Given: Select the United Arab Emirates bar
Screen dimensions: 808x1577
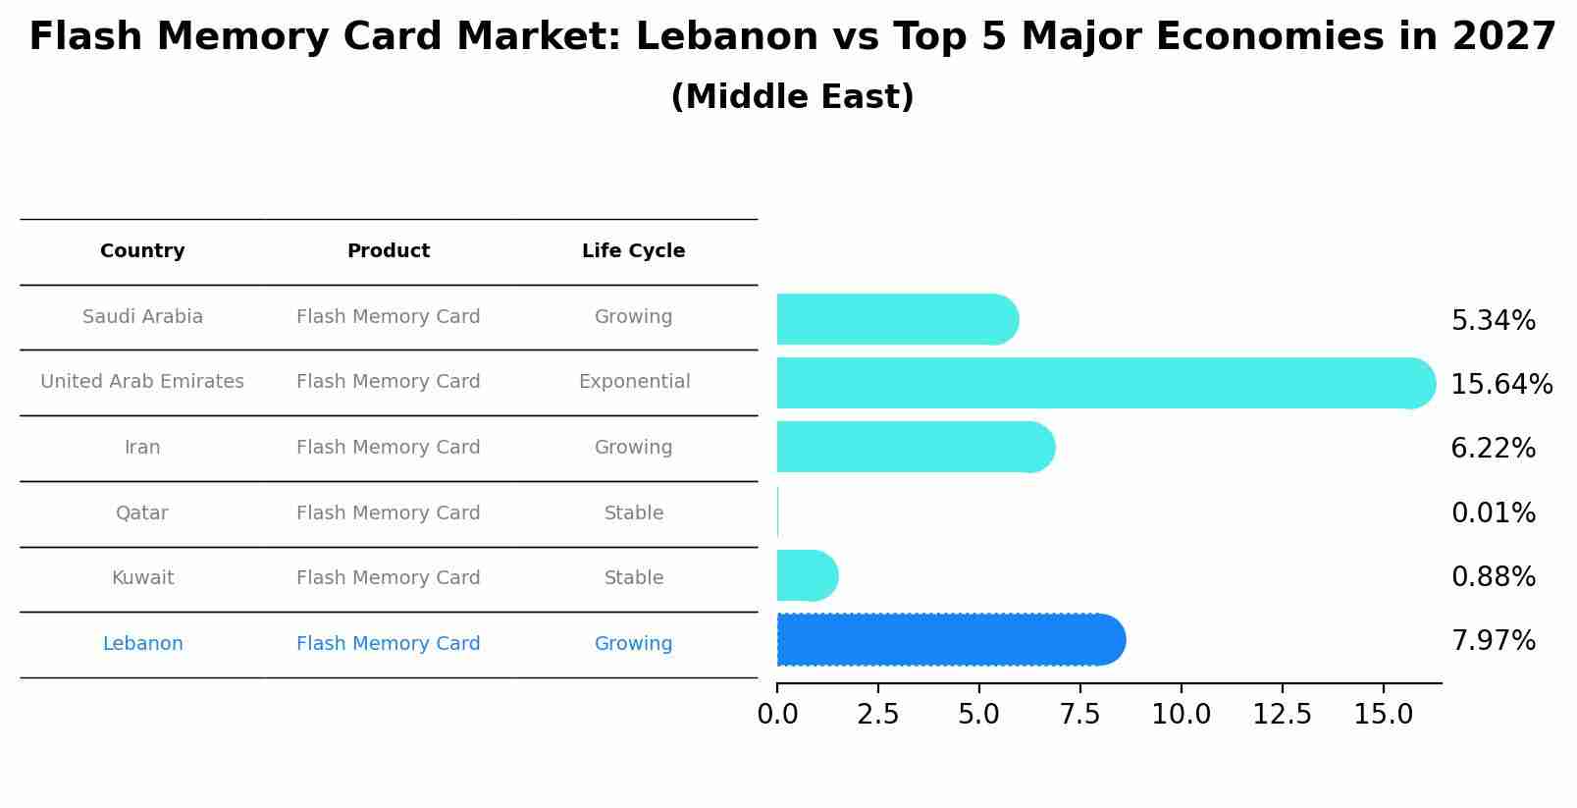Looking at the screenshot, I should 1105,383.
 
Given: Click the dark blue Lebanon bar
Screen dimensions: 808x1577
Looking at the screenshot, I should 950,639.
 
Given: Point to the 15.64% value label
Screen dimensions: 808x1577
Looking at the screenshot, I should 1501,384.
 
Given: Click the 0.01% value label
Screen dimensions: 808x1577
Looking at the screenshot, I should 1493,512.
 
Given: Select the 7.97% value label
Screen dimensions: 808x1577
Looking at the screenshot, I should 1493,641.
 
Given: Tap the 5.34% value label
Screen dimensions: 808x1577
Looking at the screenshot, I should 1493,320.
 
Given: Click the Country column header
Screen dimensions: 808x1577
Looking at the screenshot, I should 142,251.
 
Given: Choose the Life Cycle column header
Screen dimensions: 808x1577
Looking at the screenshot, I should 633,251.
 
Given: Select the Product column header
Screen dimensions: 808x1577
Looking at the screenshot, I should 389,251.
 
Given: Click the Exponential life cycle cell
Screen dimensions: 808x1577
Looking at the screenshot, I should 634,382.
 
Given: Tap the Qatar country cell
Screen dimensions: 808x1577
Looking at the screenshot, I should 142,512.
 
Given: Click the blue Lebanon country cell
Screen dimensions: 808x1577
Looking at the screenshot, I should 142,644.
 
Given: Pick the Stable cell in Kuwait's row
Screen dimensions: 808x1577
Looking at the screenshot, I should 634,578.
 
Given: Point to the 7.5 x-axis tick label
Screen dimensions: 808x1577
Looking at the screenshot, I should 1079,715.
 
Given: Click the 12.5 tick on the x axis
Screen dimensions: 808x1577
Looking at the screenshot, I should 1282,715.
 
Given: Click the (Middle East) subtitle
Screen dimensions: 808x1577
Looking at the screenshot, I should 792,97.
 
